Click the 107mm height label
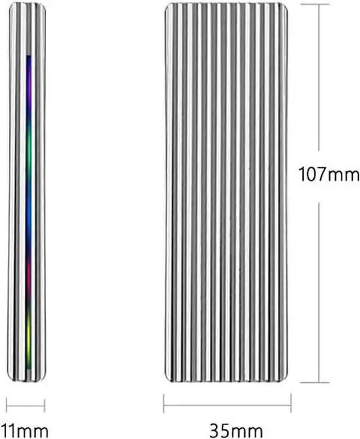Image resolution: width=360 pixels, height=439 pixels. (x=328, y=176)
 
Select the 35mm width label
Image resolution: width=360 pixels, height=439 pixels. (x=227, y=431)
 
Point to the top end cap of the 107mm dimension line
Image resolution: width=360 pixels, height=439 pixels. (x=319, y=4)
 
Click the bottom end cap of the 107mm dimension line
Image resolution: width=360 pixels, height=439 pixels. (x=319, y=383)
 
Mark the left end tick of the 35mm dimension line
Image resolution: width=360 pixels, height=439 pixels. (x=164, y=403)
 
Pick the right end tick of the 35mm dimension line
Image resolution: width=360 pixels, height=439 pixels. (x=291, y=403)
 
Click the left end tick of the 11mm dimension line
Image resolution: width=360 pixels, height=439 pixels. (x=7, y=405)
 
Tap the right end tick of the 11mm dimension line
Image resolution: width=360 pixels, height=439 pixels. (x=44, y=405)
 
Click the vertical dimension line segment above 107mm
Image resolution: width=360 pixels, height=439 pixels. (x=319, y=79)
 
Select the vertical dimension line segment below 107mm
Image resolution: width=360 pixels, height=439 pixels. (x=319, y=292)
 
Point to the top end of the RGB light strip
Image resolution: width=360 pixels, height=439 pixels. (x=29, y=56)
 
